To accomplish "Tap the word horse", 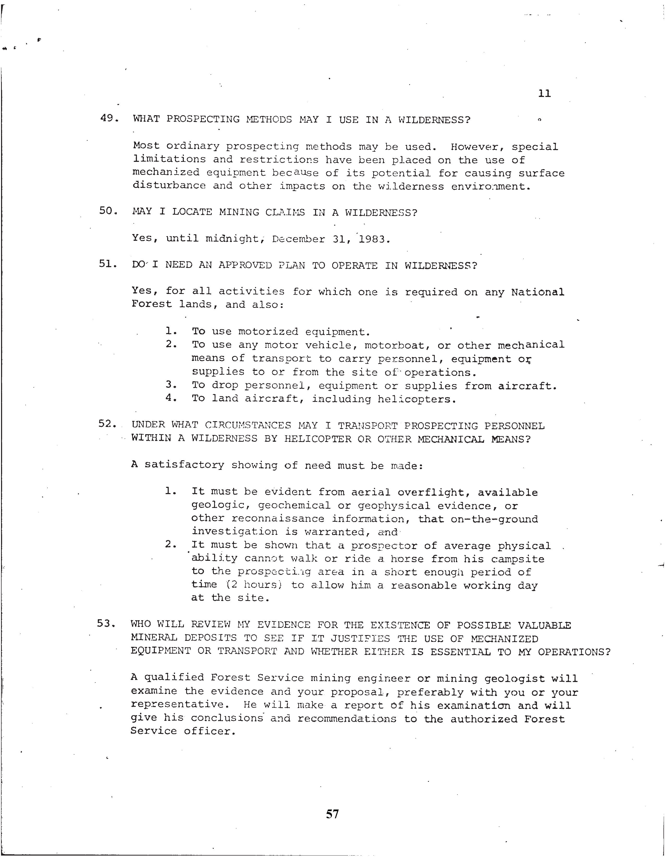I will click(x=407, y=559).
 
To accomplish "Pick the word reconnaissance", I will click(x=278, y=519).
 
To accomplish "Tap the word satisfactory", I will click(x=184, y=465).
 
